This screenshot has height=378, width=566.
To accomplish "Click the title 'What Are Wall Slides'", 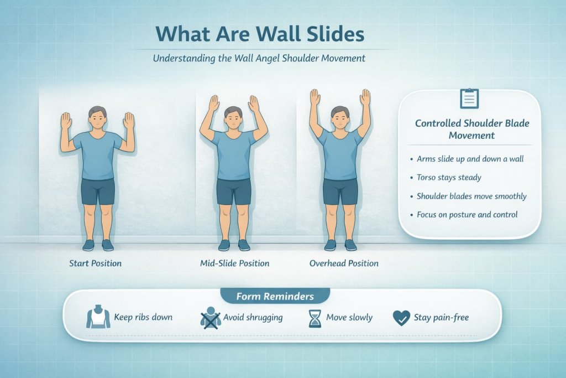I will [x=260, y=34].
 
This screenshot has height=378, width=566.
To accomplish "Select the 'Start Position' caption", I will [x=95, y=263].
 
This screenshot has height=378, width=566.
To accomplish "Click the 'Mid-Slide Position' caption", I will [x=234, y=263].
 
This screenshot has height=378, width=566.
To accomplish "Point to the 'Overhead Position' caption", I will [x=344, y=263].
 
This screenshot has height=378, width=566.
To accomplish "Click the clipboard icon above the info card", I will [x=469, y=99].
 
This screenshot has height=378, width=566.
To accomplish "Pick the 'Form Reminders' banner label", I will [x=275, y=296].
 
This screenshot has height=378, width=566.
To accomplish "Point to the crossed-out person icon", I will [x=210, y=318].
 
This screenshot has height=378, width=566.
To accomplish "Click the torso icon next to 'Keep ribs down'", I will [x=98, y=318].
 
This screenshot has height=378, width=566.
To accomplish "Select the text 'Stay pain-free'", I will [x=441, y=318].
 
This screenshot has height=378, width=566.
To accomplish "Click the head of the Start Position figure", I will [x=97, y=118].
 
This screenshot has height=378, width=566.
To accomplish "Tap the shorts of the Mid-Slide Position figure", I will [x=233, y=191].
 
